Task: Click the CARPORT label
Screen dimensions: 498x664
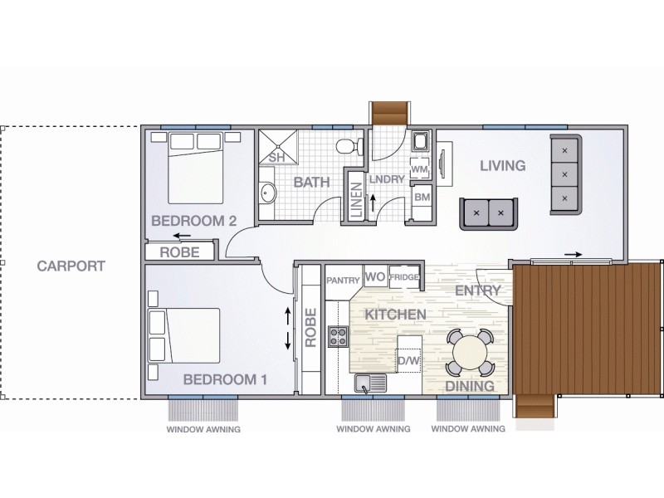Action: coord(71,266)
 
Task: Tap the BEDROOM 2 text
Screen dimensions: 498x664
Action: coord(193,221)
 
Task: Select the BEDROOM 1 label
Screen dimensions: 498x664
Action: coord(224,379)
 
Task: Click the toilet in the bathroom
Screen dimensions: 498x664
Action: coord(349,148)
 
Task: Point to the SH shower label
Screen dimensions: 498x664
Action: coord(276,157)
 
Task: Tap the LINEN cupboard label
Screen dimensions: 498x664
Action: coord(356,199)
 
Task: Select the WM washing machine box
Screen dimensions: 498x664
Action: coord(420,168)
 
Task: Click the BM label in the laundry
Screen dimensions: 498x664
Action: coord(421,198)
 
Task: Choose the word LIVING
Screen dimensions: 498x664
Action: coord(503,166)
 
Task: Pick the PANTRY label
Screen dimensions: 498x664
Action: coord(341,281)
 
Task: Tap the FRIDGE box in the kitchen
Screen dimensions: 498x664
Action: coord(404,277)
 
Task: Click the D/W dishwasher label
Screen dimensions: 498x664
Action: coord(408,361)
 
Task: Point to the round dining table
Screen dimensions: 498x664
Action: coord(470,352)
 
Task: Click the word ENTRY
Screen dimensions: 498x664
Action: coord(478,290)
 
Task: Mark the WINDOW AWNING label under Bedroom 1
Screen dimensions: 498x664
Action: coord(203,430)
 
